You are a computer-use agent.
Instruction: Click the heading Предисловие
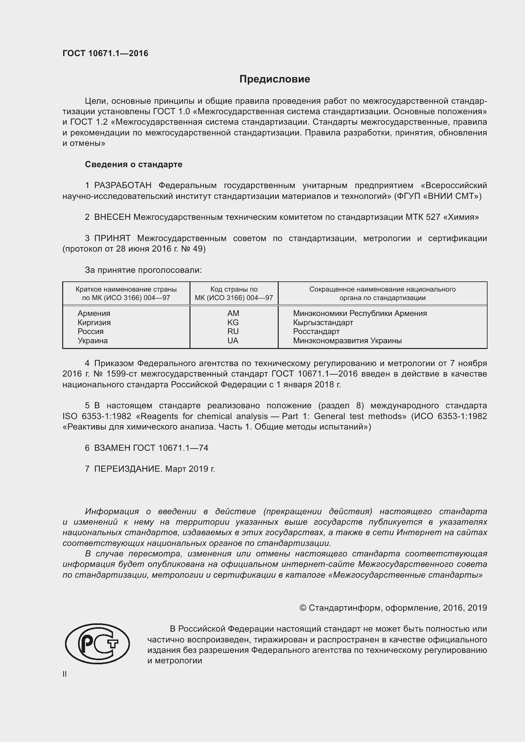[x=275, y=79]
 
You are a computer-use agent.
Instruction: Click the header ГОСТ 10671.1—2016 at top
[x=105, y=53]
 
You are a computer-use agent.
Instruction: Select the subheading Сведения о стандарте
[x=134, y=165]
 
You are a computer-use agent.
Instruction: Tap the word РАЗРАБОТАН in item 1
[x=123, y=186]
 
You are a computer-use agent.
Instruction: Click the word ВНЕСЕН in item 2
[x=112, y=217]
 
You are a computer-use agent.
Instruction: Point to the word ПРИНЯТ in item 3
[x=112, y=239]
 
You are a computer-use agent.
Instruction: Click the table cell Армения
[x=94, y=313]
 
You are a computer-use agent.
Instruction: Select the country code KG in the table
[x=233, y=322]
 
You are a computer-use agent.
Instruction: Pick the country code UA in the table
[x=233, y=340]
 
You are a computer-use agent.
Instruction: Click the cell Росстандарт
[x=316, y=331]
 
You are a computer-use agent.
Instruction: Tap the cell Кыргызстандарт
[x=323, y=322]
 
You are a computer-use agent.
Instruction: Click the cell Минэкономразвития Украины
[x=347, y=340]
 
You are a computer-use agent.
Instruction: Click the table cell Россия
[x=90, y=331]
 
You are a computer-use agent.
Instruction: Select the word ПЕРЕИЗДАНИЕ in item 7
[x=127, y=469]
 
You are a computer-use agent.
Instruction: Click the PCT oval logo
[x=97, y=644]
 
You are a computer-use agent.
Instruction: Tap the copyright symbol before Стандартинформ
[x=302, y=608]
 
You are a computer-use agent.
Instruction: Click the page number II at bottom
[x=65, y=674]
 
